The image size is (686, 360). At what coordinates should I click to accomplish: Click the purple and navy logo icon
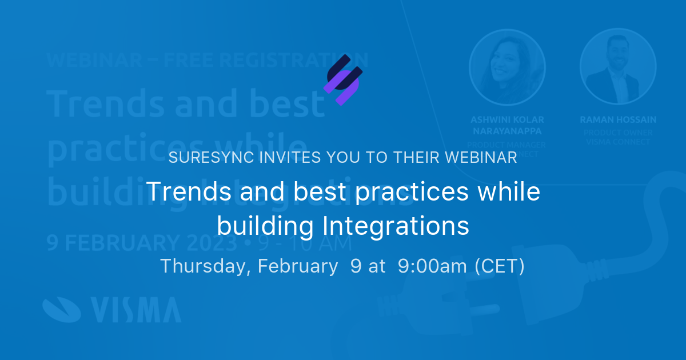tap(343, 80)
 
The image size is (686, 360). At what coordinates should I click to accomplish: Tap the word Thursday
tap(204, 266)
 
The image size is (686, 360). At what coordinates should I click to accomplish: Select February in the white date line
tap(297, 266)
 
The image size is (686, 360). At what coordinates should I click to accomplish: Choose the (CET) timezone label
tap(500, 266)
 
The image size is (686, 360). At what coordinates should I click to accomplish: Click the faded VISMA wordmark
tap(135, 310)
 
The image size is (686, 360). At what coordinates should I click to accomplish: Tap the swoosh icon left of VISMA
tap(62, 309)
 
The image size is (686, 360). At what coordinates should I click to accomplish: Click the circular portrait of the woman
tap(507, 67)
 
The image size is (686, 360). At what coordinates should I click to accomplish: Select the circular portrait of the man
tap(618, 67)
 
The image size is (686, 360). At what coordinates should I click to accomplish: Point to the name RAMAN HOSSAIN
tap(618, 120)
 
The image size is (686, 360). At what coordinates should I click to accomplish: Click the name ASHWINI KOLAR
tap(507, 120)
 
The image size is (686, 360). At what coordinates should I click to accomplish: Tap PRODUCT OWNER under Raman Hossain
tap(618, 133)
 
